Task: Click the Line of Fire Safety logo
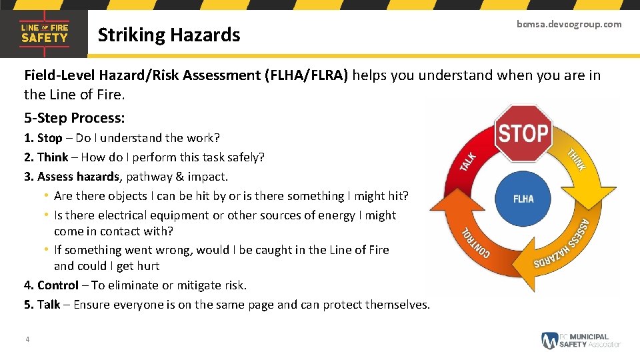tap(44, 33)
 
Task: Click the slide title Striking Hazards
tap(169, 35)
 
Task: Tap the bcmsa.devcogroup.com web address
tap(569, 24)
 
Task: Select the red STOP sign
tap(523, 133)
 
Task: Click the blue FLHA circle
tap(523, 199)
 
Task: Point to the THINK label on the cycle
tap(576, 159)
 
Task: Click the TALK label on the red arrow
tap(469, 161)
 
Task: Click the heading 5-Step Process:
tap(75, 118)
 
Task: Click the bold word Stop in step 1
tap(49, 138)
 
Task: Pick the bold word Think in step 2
tap(53, 157)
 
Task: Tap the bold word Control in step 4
tap(58, 285)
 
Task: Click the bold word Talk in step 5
tap(49, 305)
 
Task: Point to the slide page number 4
tap(27, 340)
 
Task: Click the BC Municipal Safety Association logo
tap(580, 340)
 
